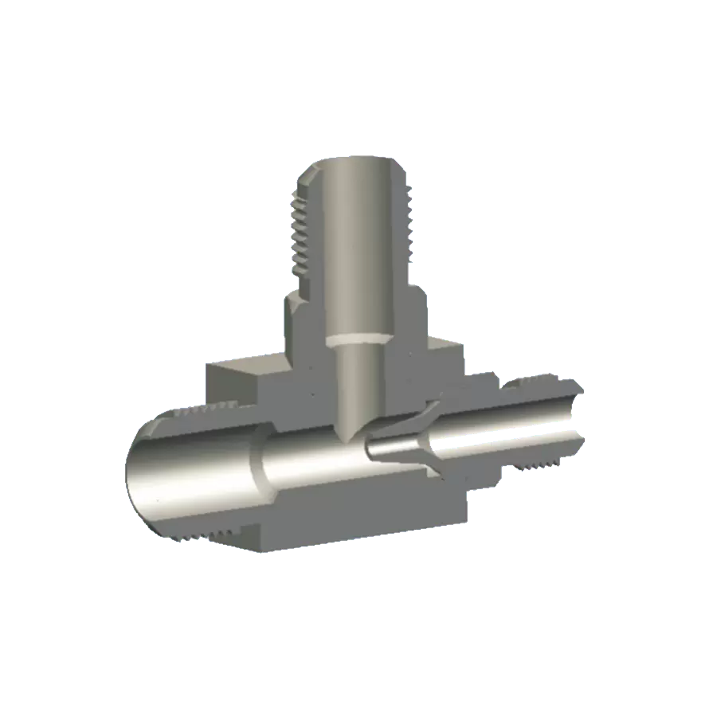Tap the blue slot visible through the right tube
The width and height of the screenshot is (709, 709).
[x=510, y=437]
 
